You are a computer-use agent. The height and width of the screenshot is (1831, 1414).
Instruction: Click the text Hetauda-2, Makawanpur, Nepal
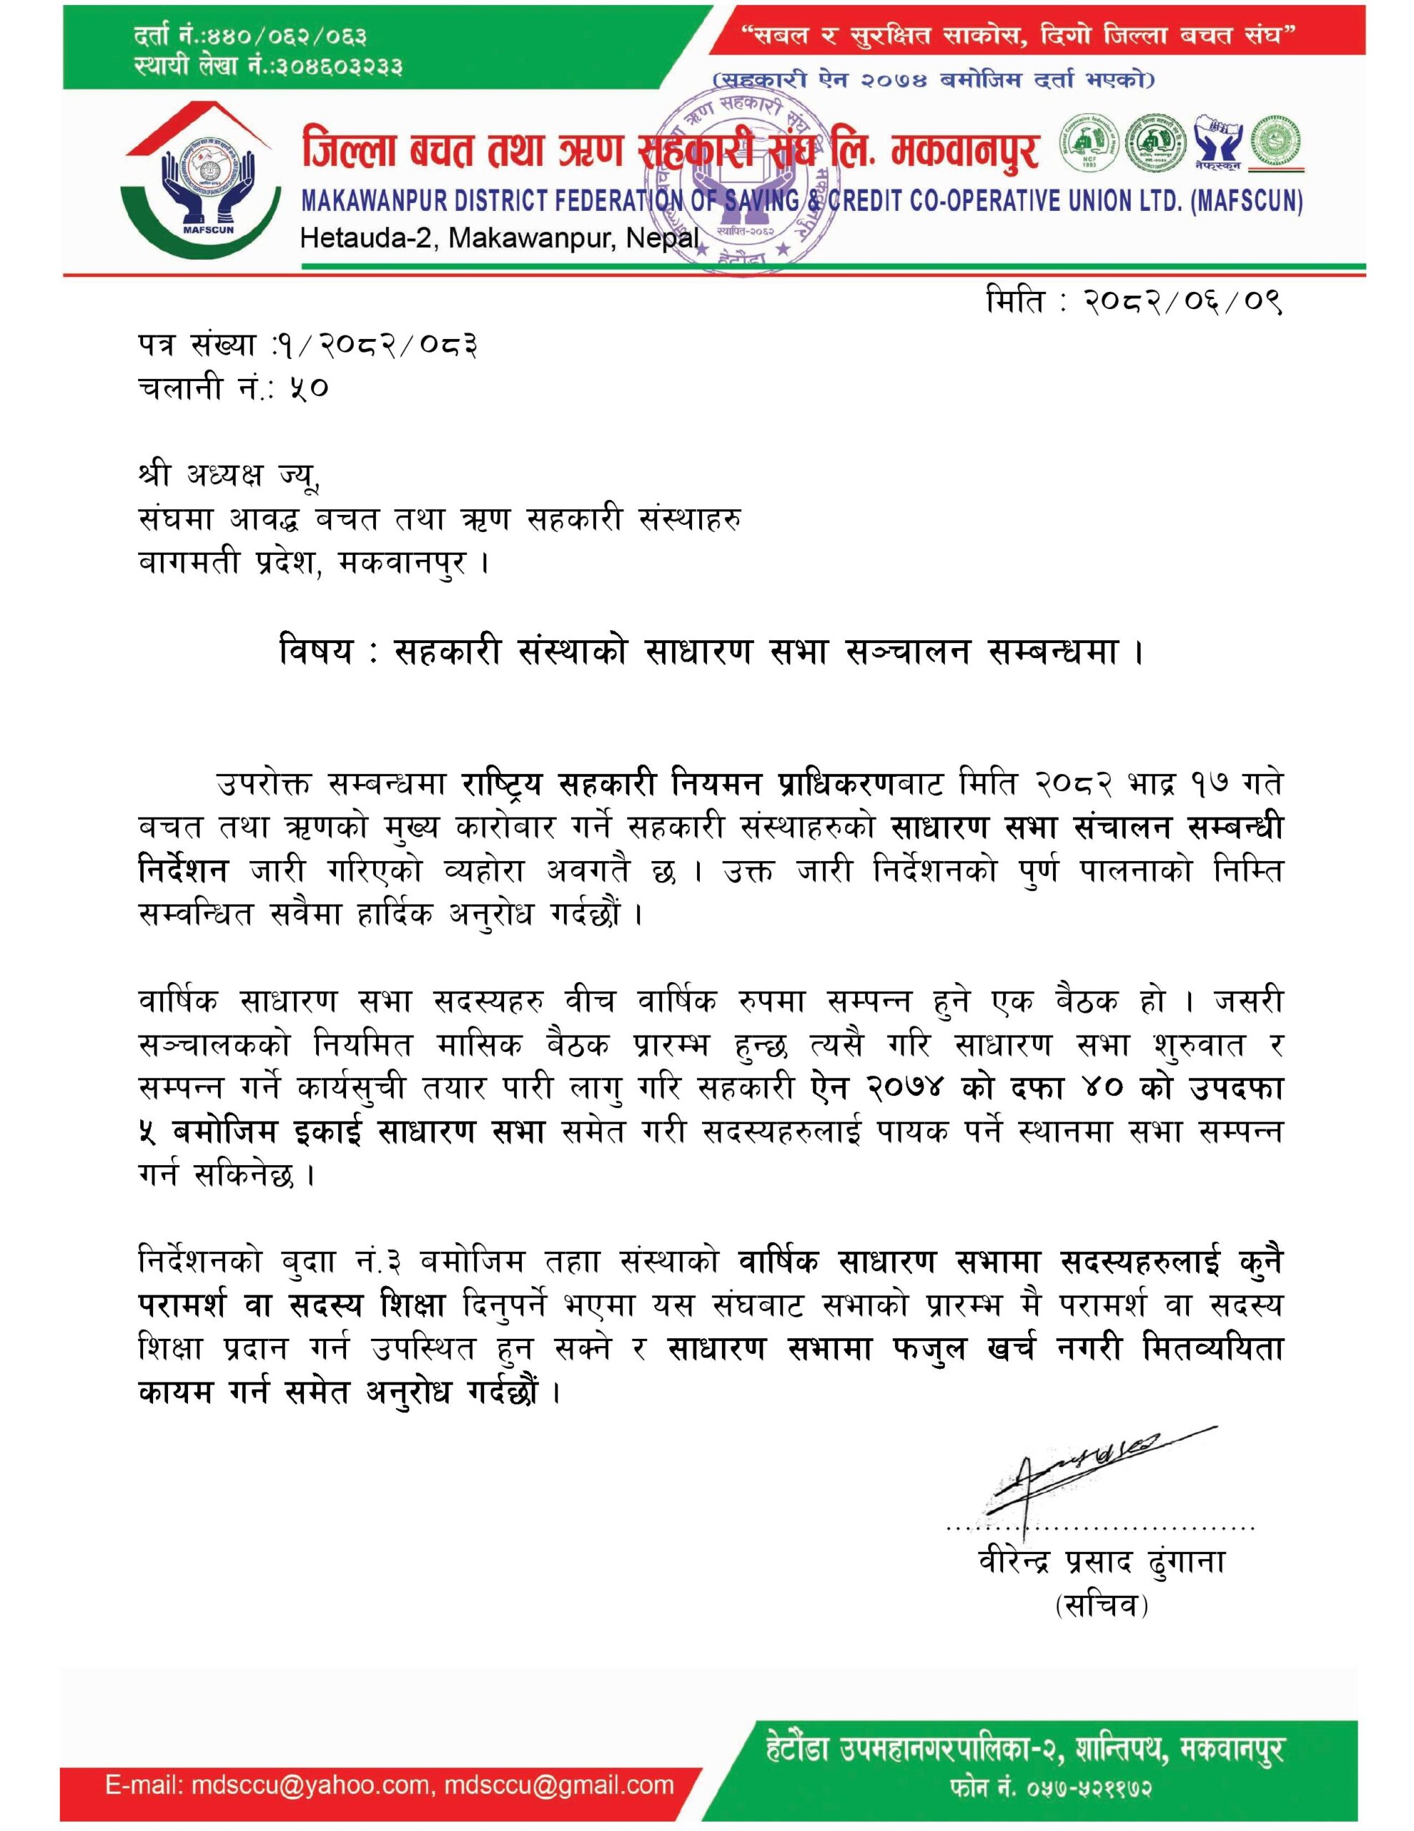click(500, 239)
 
